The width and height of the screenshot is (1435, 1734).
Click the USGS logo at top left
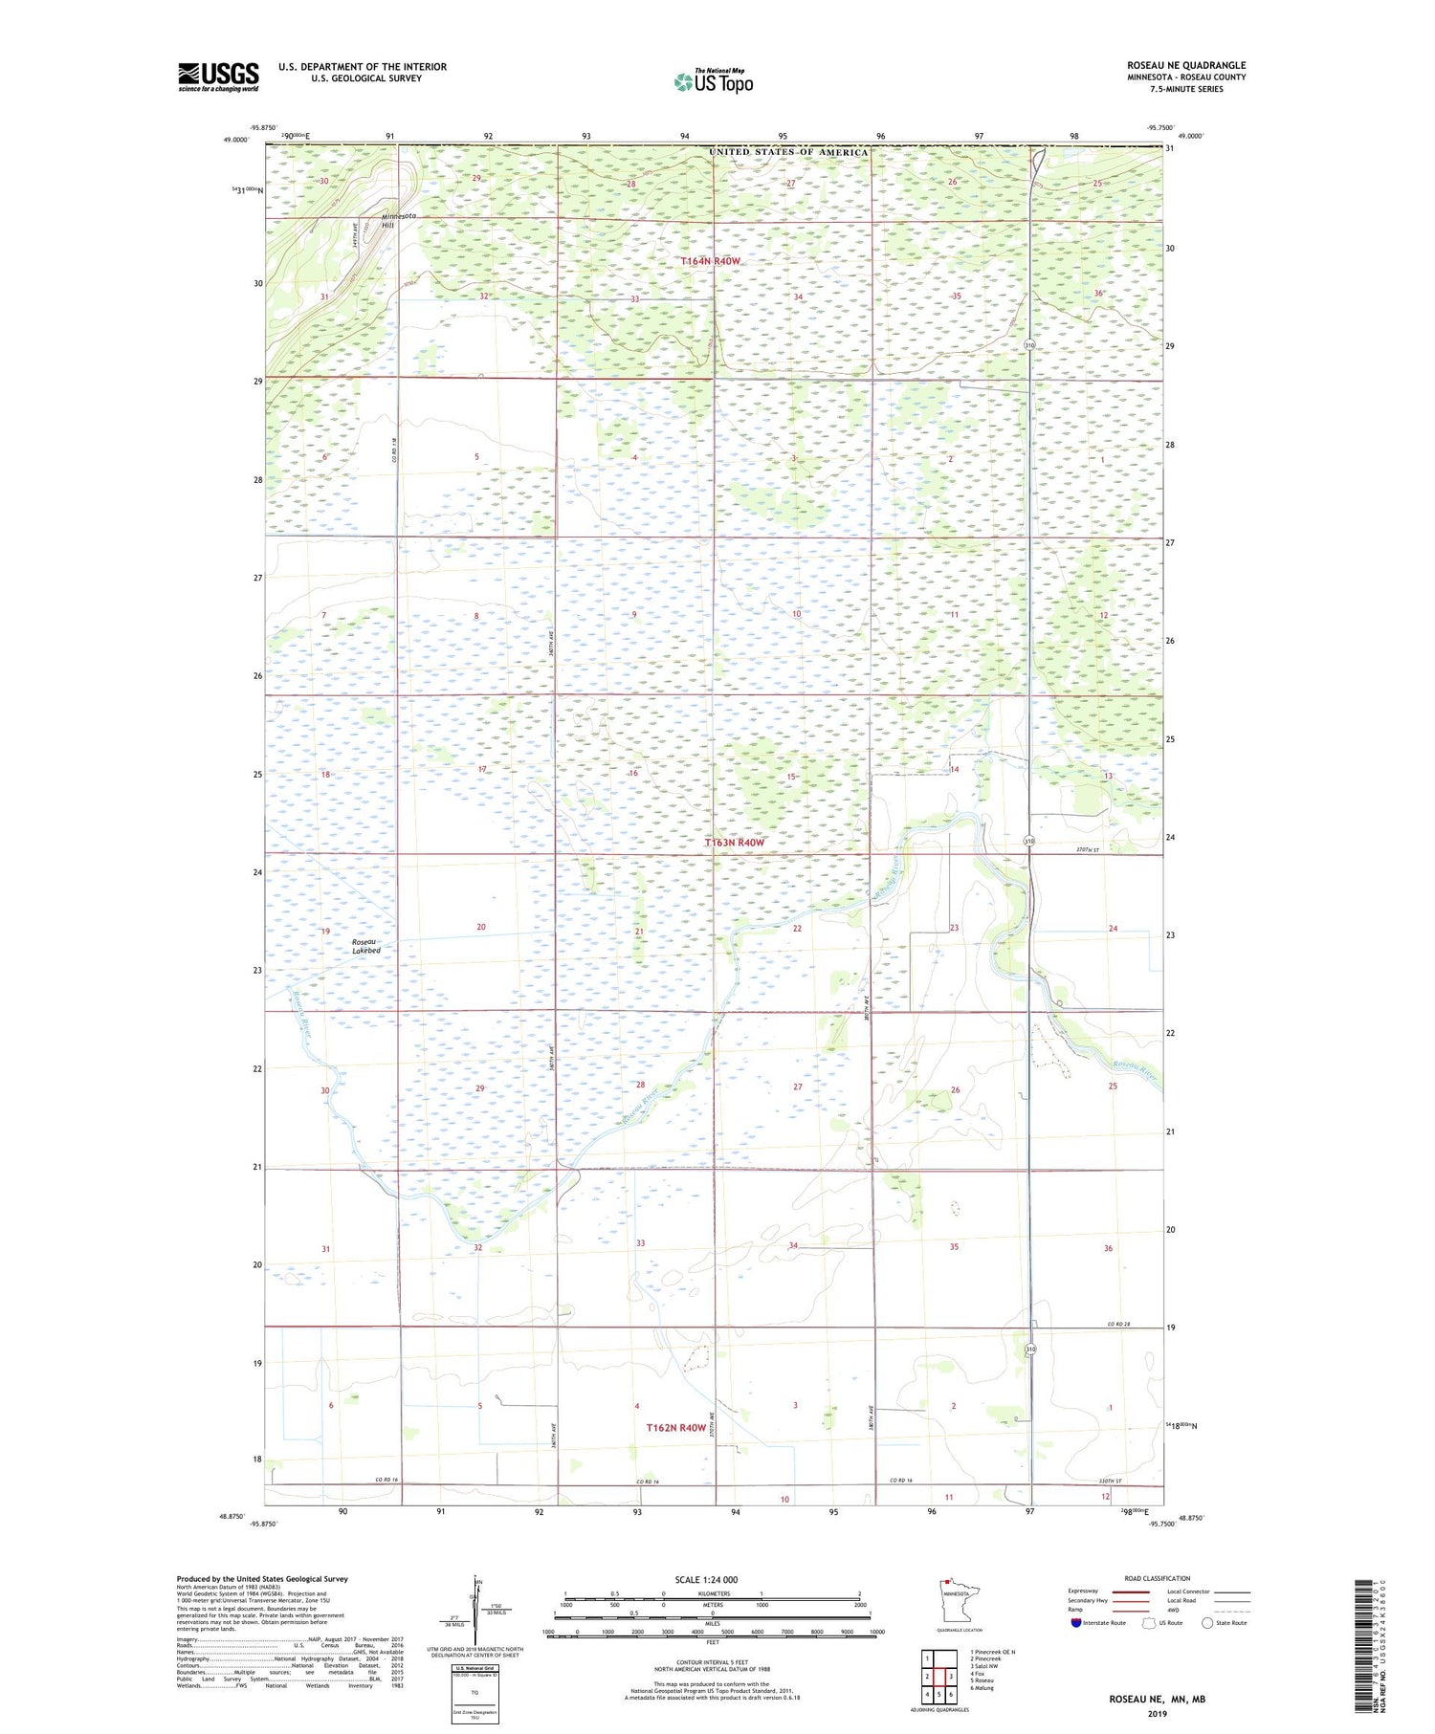click(x=218, y=77)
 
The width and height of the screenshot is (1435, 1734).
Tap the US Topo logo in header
click(x=713, y=82)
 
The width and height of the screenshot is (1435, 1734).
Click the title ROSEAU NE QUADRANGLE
click(x=1185, y=66)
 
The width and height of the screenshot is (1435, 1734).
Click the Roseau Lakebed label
click(x=365, y=946)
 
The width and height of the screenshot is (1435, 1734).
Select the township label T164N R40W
click(x=710, y=261)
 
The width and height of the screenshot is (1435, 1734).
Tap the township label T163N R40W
click(x=735, y=843)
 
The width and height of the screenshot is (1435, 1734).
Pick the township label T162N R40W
click(x=675, y=1428)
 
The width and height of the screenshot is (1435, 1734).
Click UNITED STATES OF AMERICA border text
click(x=788, y=152)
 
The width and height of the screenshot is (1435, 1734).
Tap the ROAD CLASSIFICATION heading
click(x=1157, y=1578)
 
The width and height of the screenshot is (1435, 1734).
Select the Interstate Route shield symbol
click(x=1075, y=1623)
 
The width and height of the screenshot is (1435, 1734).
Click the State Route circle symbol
click(x=1207, y=1623)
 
